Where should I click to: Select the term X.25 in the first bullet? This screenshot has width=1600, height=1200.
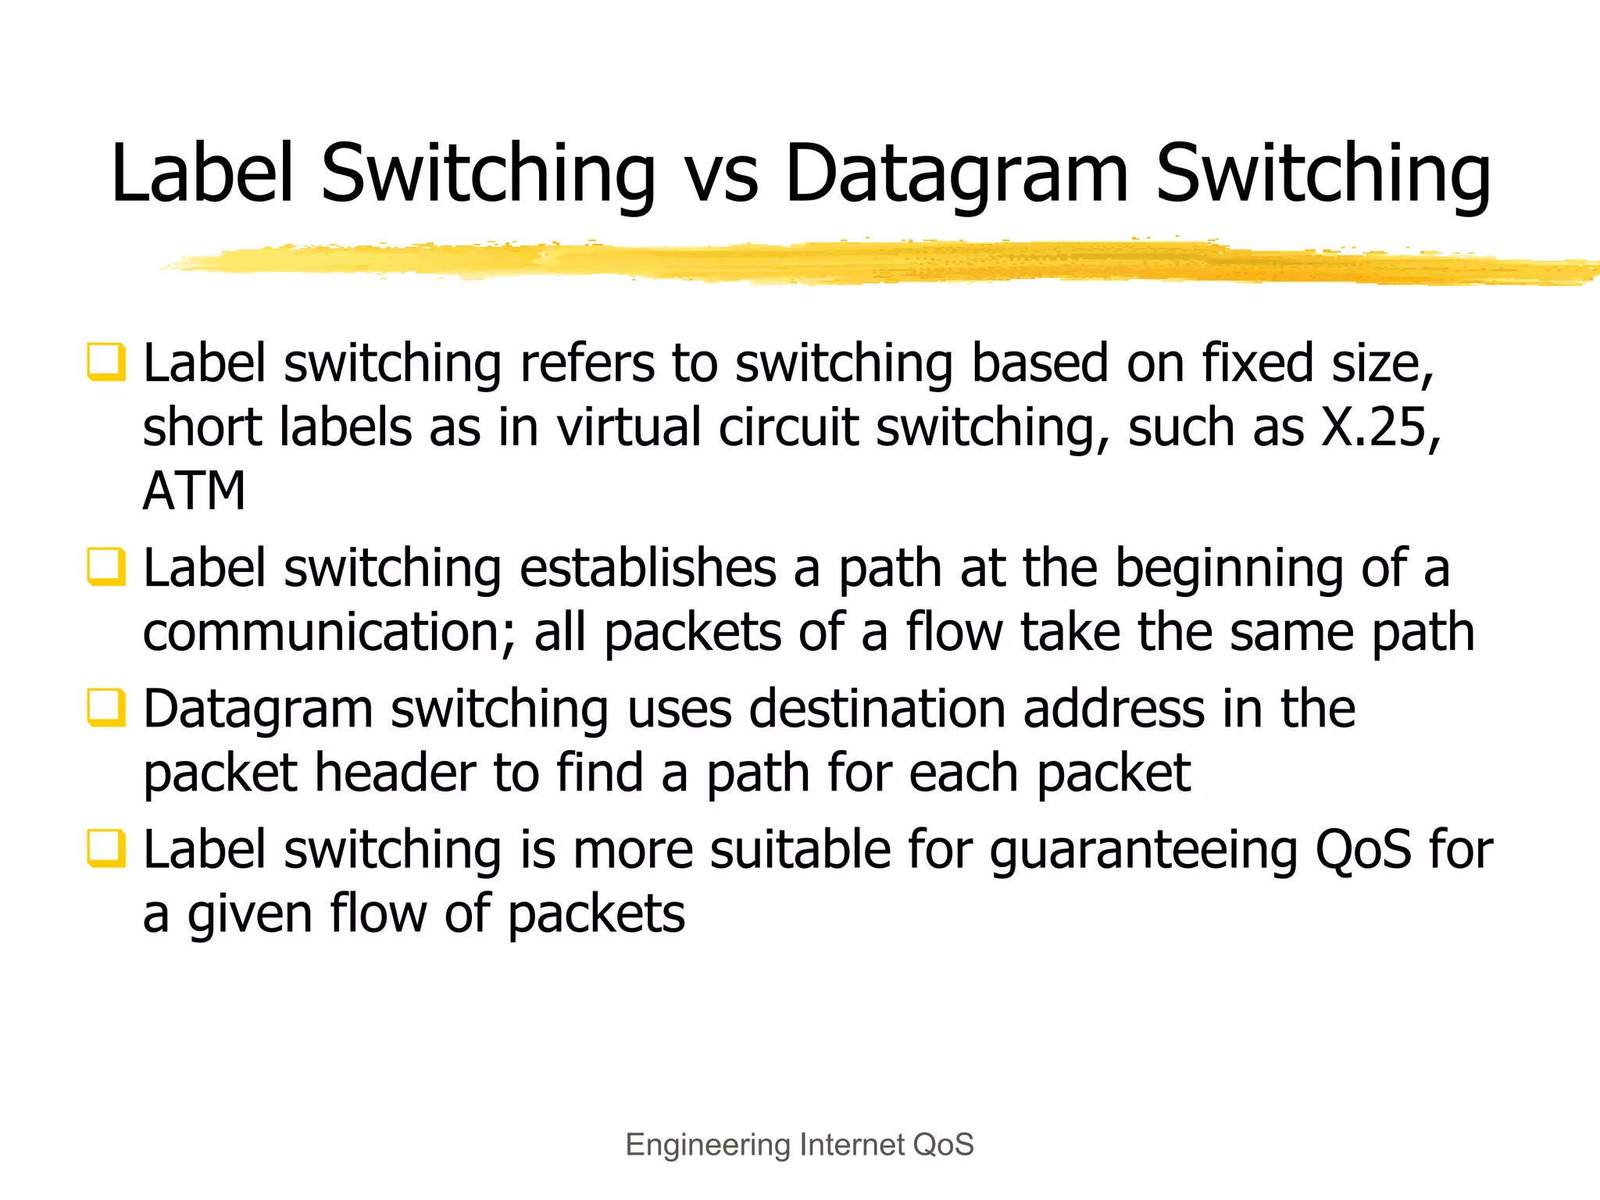click(1380, 427)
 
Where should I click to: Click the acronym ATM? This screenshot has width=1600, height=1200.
click(194, 491)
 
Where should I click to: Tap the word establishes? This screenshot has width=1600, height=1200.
click(648, 568)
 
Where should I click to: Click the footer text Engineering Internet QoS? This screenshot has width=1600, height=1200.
click(799, 1145)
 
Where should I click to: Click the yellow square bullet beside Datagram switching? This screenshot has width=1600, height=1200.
click(105, 708)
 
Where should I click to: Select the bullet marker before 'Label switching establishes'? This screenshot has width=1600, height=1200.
click(105, 567)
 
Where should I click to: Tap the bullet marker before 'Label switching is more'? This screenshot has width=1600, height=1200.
click(105, 848)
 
